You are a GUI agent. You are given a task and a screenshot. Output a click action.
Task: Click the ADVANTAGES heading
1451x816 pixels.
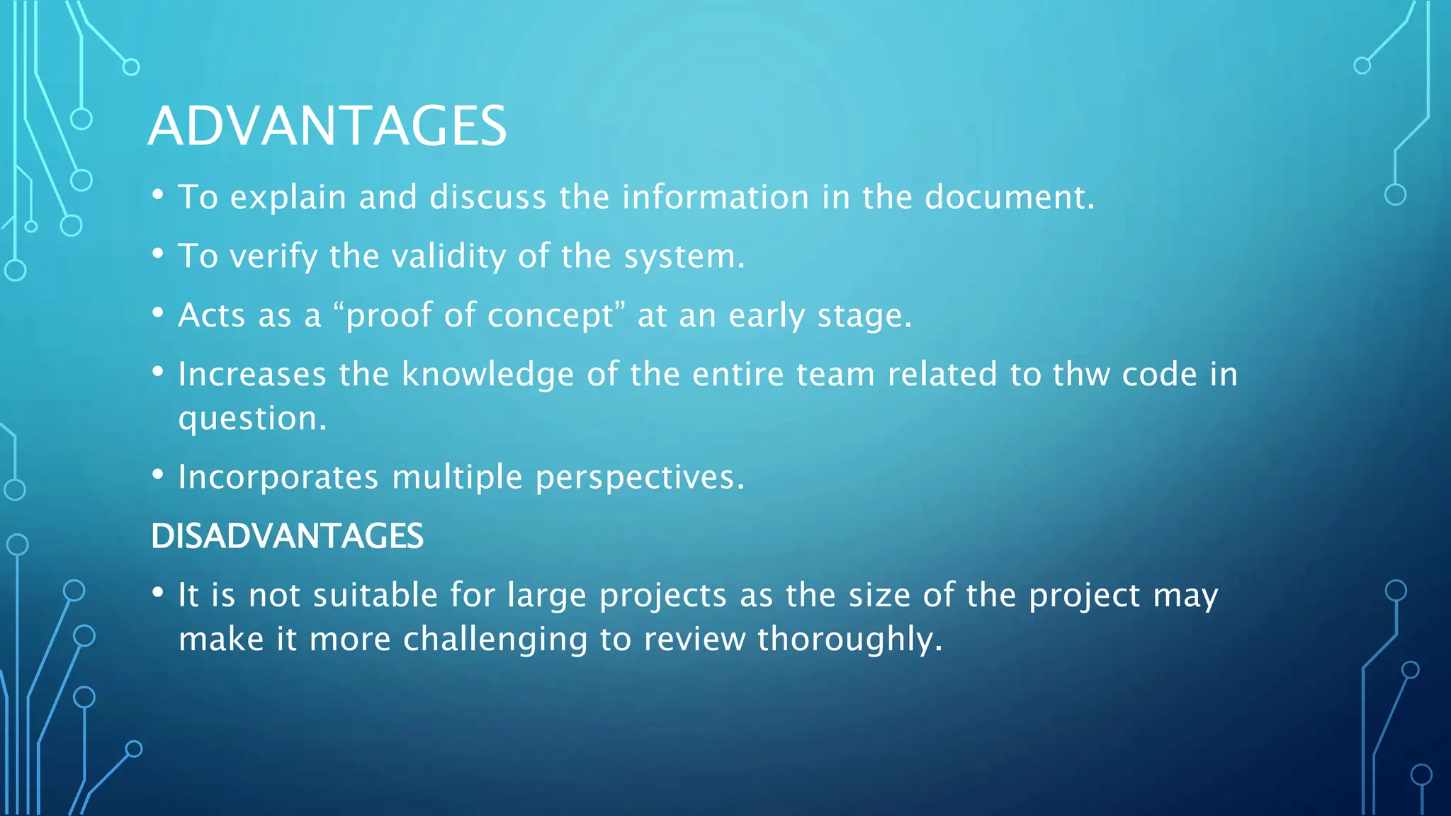(x=327, y=126)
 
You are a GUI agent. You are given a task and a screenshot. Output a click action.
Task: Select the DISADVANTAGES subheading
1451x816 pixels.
(x=287, y=536)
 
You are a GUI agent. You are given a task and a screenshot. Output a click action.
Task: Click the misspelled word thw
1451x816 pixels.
(x=1081, y=374)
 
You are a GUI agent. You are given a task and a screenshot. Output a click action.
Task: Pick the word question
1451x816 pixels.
(x=252, y=419)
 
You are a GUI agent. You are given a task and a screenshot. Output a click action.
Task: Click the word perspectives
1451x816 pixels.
(x=639, y=477)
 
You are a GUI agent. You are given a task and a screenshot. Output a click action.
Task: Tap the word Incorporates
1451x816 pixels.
(x=278, y=477)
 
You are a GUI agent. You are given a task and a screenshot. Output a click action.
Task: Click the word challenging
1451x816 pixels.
(x=495, y=639)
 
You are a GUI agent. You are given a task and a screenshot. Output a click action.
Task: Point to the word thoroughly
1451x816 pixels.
(x=849, y=639)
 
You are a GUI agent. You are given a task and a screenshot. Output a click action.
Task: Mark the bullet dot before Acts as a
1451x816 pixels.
(x=158, y=312)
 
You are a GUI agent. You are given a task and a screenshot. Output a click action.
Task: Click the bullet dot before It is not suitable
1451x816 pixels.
(x=158, y=591)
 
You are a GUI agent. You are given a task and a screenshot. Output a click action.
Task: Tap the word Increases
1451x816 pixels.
(x=252, y=374)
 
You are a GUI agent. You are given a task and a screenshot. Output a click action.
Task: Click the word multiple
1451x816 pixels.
(x=457, y=477)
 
